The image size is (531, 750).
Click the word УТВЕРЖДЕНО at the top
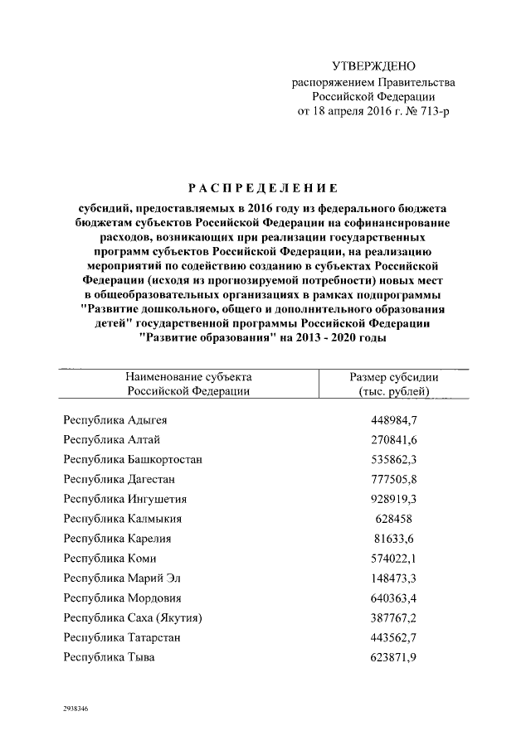pyautogui.click(x=373, y=66)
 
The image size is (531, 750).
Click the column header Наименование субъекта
pyautogui.click(x=188, y=377)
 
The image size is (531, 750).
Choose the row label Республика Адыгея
pyautogui.click(x=115, y=419)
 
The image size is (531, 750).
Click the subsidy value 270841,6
pyautogui.click(x=395, y=439)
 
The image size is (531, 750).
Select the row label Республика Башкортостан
pyautogui.click(x=134, y=459)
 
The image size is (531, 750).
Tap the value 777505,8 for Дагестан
pyautogui.click(x=395, y=479)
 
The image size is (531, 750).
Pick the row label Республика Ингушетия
pyautogui.click(x=125, y=499)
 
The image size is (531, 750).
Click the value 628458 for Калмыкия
pyautogui.click(x=395, y=519)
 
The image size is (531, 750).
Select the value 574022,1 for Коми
pyautogui.click(x=395, y=559)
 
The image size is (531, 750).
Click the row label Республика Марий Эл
pyautogui.click(x=122, y=578)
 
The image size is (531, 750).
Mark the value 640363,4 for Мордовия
pyautogui.click(x=395, y=598)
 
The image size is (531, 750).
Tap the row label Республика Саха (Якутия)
pyautogui.click(x=134, y=618)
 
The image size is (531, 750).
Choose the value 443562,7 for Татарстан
pyautogui.click(x=395, y=638)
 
